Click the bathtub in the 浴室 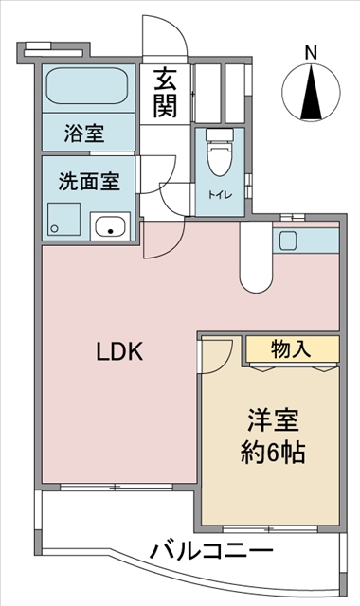tap(87, 86)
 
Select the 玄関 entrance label tap(165, 93)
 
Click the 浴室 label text tap(84, 134)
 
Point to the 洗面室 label tap(89, 181)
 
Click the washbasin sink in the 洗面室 tap(110, 225)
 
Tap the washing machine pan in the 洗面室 tap(63, 219)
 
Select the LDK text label tap(120, 351)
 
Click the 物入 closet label tap(291, 349)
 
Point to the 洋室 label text tap(274, 420)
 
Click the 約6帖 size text tap(274, 452)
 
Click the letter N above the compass tap(311, 53)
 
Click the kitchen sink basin tap(288, 240)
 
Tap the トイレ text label tap(221, 195)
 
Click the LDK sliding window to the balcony tap(116, 487)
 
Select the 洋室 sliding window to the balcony tap(270, 528)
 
